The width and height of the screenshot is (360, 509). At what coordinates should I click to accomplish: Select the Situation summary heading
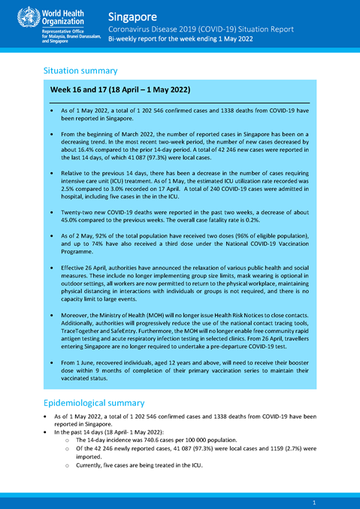[80, 71]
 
